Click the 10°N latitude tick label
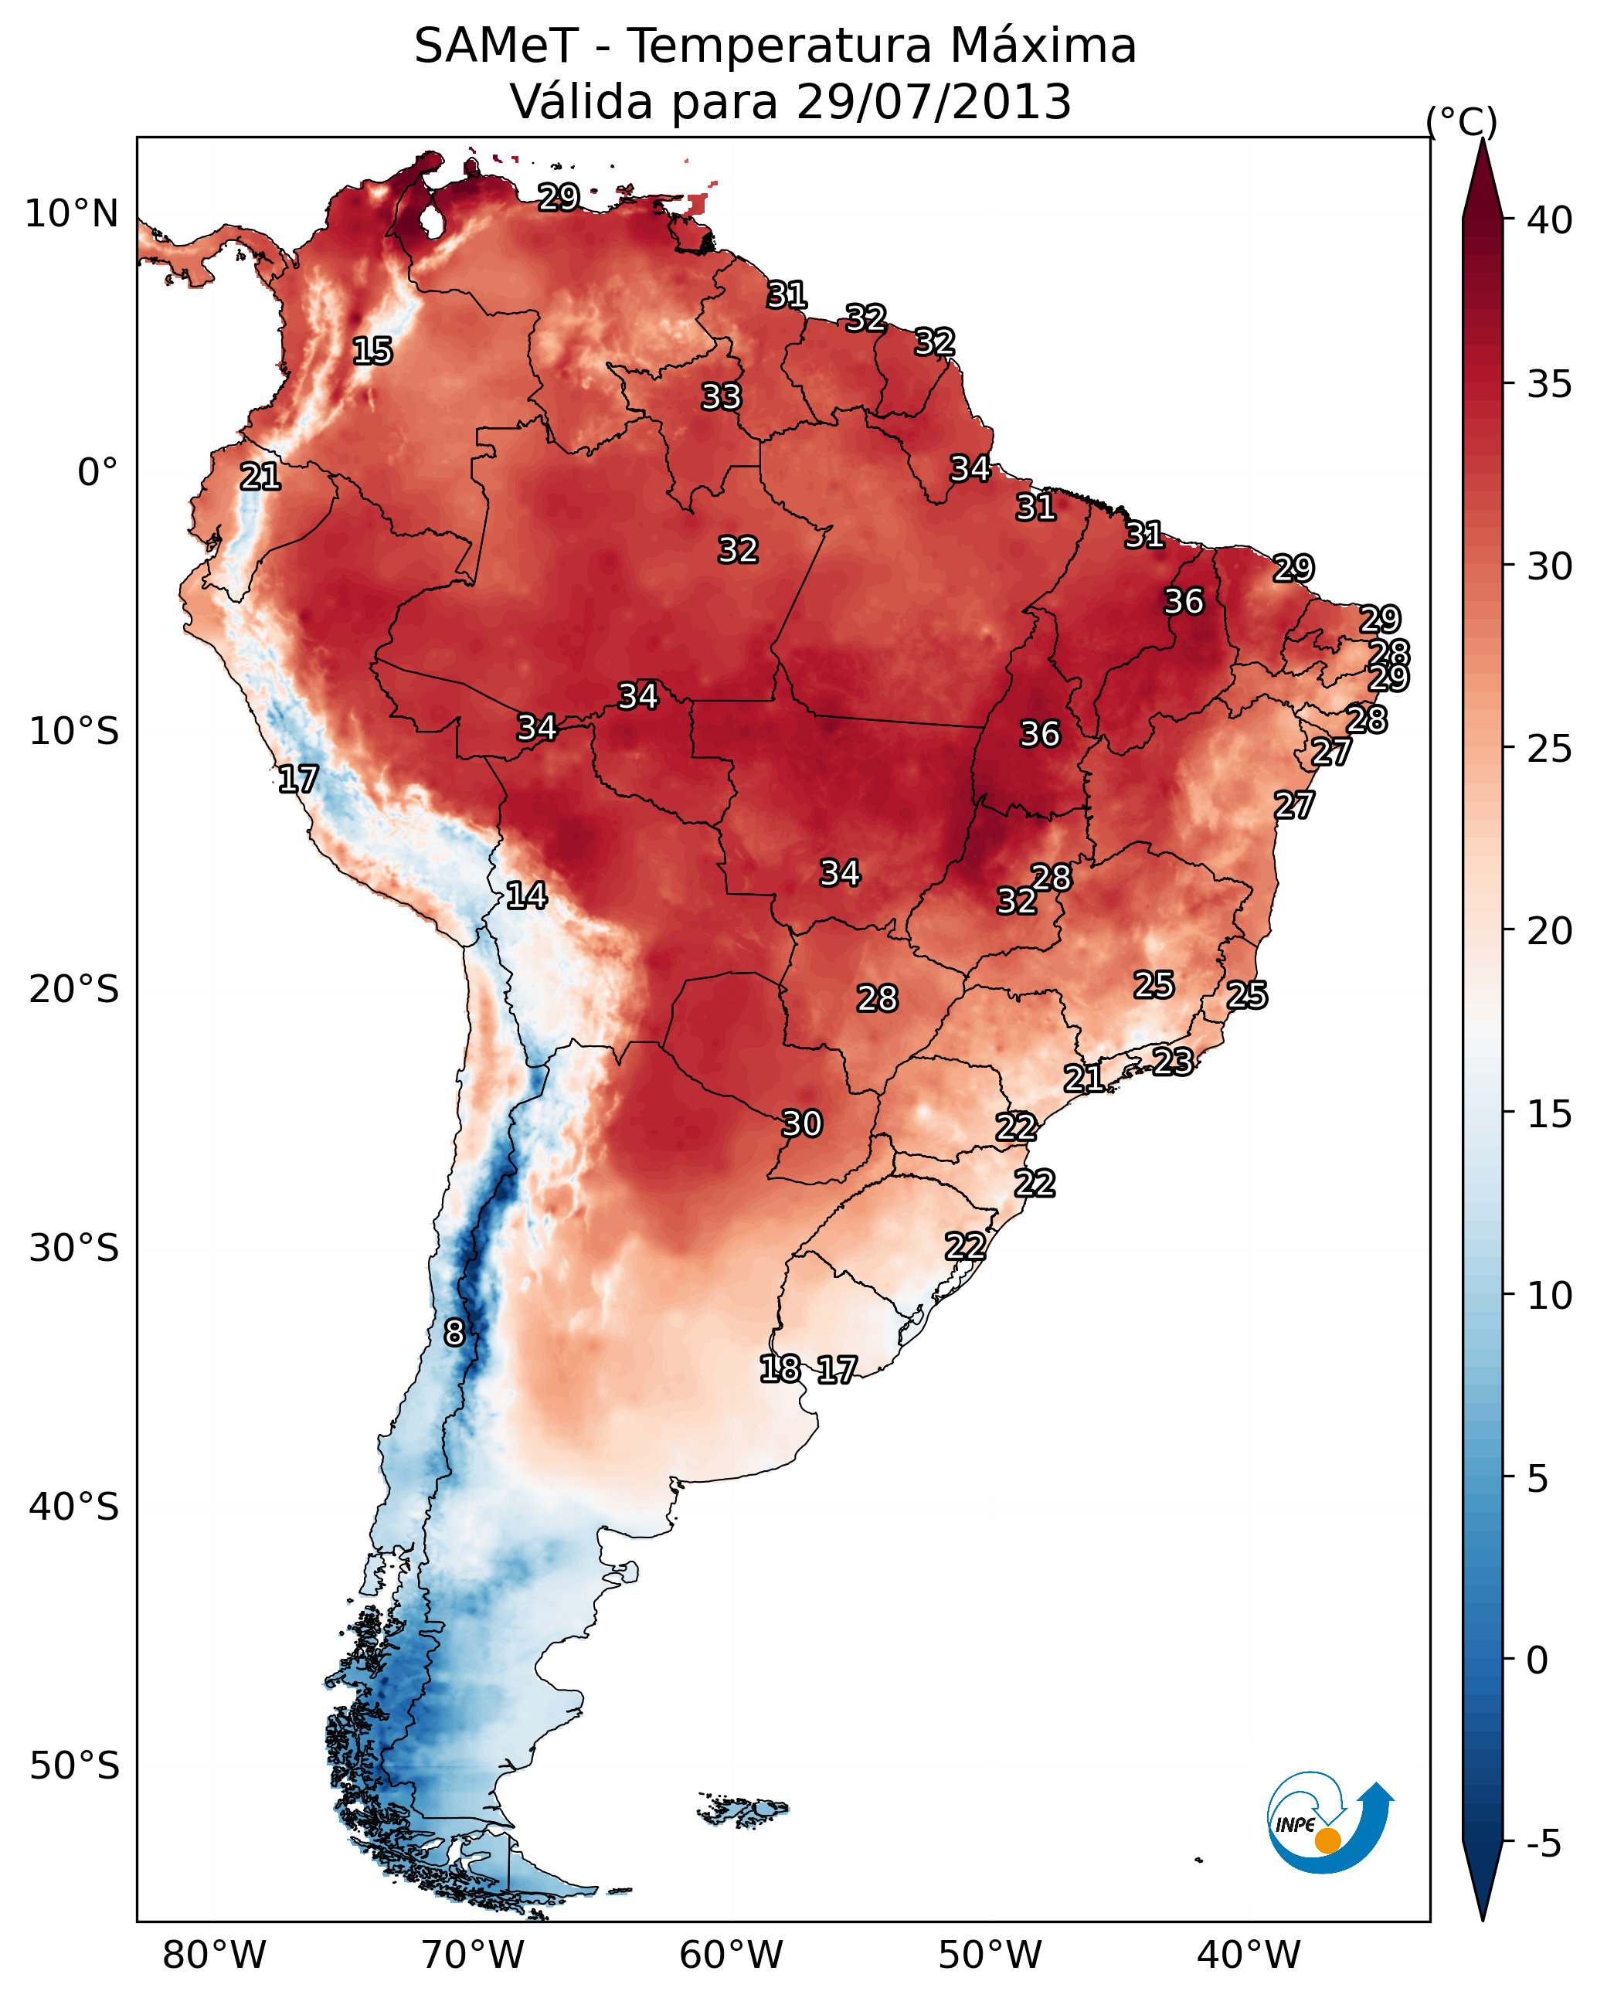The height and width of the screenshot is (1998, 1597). click(x=71, y=214)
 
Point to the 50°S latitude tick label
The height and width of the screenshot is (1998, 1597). click(x=74, y=1766)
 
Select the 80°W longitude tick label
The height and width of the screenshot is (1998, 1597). click(x=214, y=1956)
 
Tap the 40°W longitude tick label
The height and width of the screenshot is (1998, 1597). click(x=1249, y=1956)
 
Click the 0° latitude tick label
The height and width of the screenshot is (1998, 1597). click(x=98, y=473)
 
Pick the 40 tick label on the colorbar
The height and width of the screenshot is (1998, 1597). click(x=1550, y=220)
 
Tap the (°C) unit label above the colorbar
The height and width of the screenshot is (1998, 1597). click(x=1462, y=121)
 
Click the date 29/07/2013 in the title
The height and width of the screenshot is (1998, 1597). click(x=933, y=101)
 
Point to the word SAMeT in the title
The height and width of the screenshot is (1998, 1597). click(x=496, y=46)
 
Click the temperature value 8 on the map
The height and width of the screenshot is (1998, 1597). click(x=454, y=1333)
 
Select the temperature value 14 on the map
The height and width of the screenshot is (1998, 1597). click(x=526, y=895)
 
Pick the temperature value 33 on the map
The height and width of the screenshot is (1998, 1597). click(x=721, y=396)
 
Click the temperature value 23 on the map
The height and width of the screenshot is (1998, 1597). click(x=1173, y=1061)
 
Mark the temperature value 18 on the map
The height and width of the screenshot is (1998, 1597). click(x=780, y=1369)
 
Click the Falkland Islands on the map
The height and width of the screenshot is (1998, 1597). click(x=743, y=1808)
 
